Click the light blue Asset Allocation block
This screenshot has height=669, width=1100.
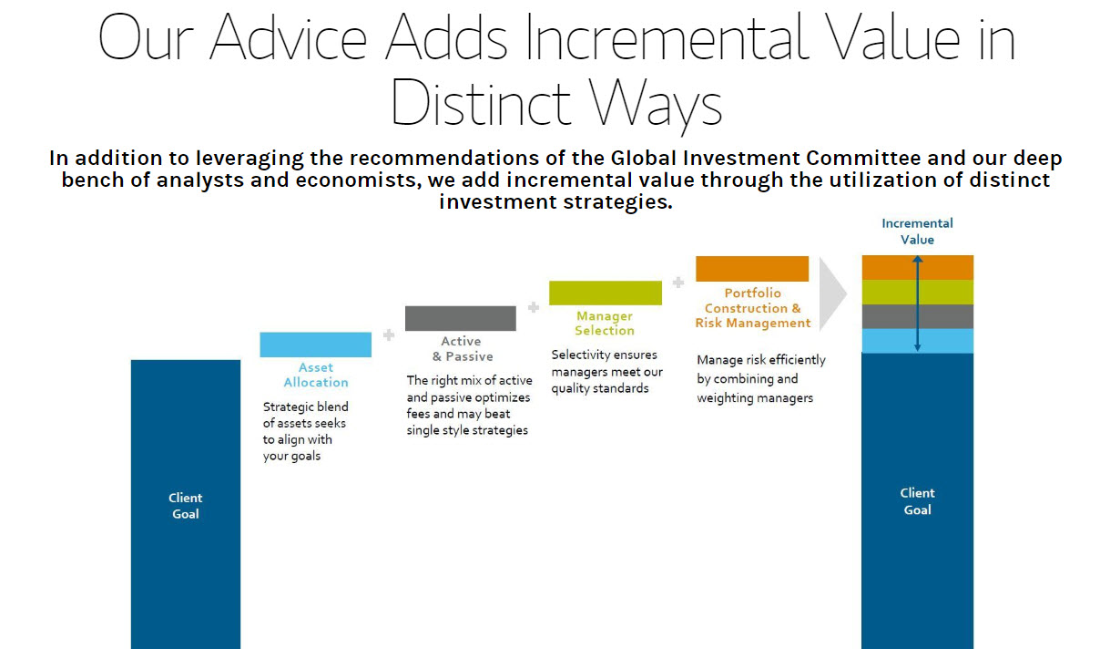[315, 345]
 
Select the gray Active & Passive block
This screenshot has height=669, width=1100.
[461, 318]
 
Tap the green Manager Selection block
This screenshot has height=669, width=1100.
[606, 293]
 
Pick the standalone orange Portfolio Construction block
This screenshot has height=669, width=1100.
[752, 268]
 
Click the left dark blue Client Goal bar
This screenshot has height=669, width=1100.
[186, 504]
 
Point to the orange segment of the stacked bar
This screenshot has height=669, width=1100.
[917, 267]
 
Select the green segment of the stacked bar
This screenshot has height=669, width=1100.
[917, 293]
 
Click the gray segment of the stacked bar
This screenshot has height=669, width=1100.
[917, 316]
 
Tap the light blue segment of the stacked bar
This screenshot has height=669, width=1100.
[917, 341]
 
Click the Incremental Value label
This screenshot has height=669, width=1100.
[917, 231]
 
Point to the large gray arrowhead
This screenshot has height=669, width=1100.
[833, 294]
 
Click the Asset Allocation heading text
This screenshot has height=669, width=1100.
[316, 375]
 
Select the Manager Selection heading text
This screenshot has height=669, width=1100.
[605, 323]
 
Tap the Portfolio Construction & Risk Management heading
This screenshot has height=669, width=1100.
[753, 308]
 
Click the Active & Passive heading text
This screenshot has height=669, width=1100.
[462, 348]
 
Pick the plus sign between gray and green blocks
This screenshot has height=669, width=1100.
[534, 308]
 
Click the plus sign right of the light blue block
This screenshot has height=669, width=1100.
[389, 335]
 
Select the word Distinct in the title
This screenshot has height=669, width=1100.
[480, 103]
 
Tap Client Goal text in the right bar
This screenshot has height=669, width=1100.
[917, 501]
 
